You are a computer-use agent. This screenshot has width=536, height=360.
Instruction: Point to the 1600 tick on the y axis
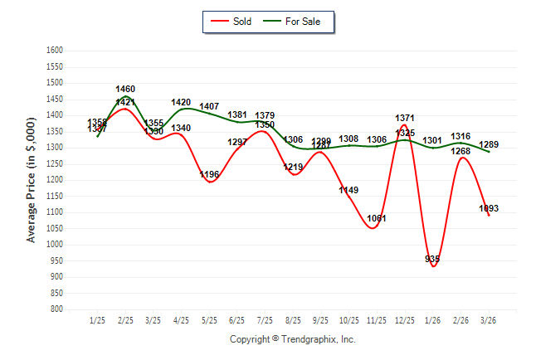54,51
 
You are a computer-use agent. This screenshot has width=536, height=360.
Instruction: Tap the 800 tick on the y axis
56,309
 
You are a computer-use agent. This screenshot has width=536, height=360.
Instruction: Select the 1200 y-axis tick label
54,180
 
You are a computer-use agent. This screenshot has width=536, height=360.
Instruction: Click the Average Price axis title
32,180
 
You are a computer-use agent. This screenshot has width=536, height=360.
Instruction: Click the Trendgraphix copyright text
292,339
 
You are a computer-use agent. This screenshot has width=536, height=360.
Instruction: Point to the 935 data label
432,259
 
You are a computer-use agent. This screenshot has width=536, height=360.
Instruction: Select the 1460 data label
125,89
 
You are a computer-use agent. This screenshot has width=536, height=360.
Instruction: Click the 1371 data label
405,119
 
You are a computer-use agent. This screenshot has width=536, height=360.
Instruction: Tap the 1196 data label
209,174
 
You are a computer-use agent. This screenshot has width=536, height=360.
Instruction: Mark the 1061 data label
377,218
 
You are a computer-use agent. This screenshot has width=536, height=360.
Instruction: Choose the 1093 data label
489,208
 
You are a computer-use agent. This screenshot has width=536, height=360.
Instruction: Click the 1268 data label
460,151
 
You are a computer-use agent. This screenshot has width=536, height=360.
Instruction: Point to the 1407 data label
209,107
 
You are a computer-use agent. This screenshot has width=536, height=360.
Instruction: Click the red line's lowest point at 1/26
433,265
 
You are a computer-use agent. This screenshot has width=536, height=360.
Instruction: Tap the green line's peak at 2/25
125,97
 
